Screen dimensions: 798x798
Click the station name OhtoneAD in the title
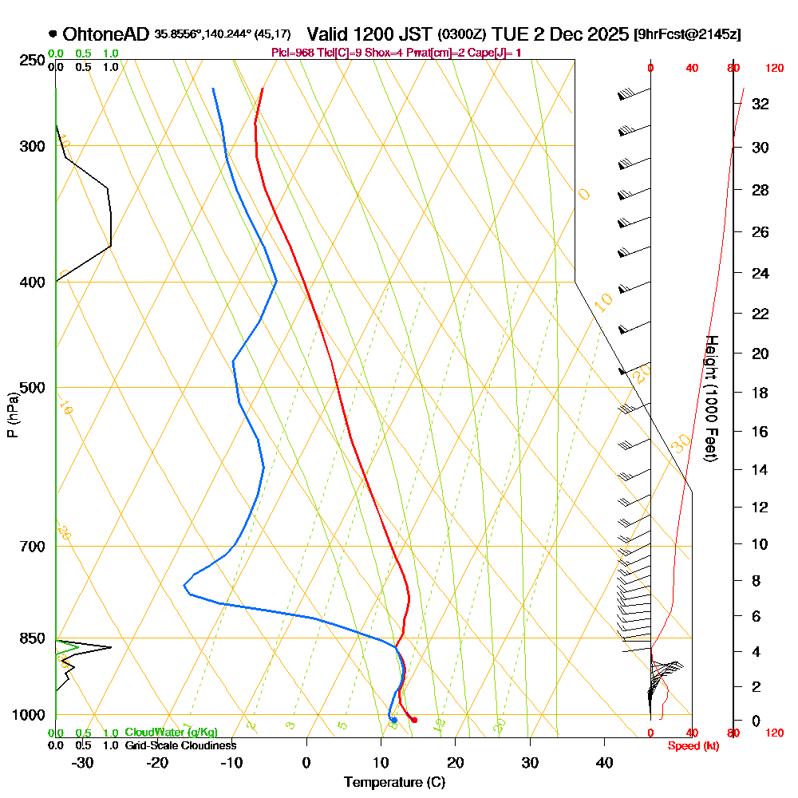105,34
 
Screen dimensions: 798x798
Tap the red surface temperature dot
413,721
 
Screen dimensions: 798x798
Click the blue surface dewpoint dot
393,721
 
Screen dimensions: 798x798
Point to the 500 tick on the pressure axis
31,388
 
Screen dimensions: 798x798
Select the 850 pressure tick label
31,638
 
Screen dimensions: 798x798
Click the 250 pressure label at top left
31,60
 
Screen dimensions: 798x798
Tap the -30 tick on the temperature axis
83,762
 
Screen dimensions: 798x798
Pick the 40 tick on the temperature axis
604,762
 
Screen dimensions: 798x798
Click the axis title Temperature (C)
394,783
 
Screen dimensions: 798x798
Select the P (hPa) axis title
12,414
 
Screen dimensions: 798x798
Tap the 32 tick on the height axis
760,104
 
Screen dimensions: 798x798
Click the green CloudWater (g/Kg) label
171,733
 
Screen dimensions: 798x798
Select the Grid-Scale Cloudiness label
180,745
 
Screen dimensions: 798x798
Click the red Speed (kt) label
693,745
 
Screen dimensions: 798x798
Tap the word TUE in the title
510,34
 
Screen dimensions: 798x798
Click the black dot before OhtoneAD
53,34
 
